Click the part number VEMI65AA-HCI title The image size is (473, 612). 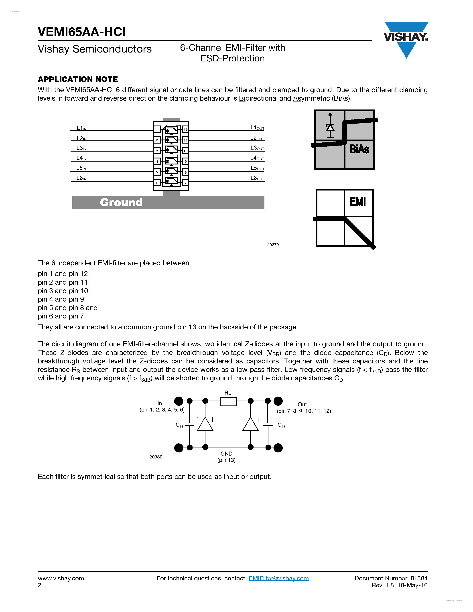[x=82, y=32]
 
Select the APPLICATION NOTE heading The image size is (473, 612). [x=78, y=79]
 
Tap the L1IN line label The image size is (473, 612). [x=81, y=128]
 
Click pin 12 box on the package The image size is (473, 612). [x=185, y=129]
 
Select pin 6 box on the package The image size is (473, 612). [x=157, y=183]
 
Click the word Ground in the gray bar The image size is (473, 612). [x=121, y=202]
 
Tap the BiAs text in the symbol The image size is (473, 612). [x=359, y=149]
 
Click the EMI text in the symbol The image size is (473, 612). [x=357, y=201]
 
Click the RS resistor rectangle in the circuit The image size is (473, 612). [x=228, y=401]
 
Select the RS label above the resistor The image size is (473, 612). [x=228, y=393]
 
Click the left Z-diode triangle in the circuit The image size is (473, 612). [x=205, y=424]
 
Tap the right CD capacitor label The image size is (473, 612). [x=281, y=425]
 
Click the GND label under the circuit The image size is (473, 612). [x=226, y=453]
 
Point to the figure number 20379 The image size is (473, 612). [x=273, y=245]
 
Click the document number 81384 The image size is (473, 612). [x=419, y=578]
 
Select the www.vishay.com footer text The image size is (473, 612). [x=61, y=578]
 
